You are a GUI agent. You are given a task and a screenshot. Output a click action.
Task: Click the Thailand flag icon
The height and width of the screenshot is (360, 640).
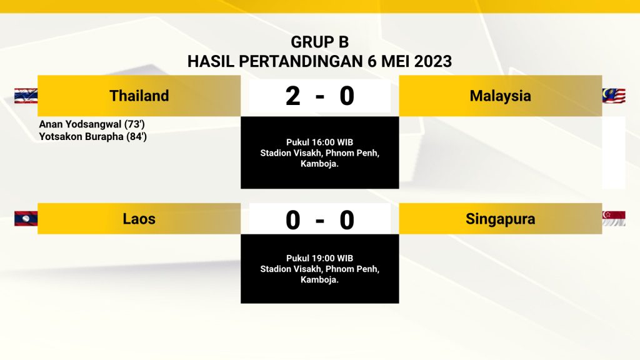pyautogui.click(x=26, y=96)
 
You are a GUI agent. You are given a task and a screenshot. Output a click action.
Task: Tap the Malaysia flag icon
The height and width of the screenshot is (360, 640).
pyautogui.click(x=614, y=96)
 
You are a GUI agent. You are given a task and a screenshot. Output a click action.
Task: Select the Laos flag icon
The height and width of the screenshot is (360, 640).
pyautogui.click(x=26, y=219)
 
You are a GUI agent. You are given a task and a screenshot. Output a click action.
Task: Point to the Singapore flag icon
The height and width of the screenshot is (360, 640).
pyautogui.click(x=614, y=218)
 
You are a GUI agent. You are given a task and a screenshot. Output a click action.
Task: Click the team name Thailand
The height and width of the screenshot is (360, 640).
pyautogui.click(x=139, y=96)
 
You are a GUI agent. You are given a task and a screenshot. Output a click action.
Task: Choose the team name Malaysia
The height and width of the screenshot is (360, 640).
pyautogui.click(x=500, y=96)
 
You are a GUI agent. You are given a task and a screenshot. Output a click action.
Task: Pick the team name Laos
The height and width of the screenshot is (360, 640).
pyautogui.click(x=139, y=219)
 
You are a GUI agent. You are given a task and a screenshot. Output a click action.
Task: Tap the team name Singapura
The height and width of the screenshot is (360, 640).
pyautogui.click(x=500, y=219)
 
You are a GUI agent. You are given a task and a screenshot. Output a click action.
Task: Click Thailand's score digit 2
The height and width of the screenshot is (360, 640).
pyautogui.click(x=292, y=96)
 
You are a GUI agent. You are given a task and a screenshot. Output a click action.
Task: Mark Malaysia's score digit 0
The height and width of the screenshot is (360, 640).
pyautogui.click(x=346, y=96)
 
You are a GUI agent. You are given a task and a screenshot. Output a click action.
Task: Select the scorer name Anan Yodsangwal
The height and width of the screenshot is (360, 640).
pyautogui.click(x=81, y=124)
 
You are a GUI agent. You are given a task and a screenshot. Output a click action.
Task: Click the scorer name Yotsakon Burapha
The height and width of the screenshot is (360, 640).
pyautogui.click(x=81, y=136)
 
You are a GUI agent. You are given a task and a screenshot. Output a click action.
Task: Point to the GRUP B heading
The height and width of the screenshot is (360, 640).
pyautogui.click(x=319, y=42)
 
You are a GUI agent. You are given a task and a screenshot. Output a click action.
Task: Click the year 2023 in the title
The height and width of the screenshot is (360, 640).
pyautogui.click(x=433, y=61)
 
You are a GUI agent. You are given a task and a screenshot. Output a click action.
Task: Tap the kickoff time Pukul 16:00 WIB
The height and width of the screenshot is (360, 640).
pyautogui.click(x=319, y=142)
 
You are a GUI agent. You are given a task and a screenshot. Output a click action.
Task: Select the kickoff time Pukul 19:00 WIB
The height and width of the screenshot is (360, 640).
pyautogui.click(x=319, y=258)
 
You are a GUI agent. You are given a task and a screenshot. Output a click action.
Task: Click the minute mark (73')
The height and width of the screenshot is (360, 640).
pyautogui.click(x=135, y=124)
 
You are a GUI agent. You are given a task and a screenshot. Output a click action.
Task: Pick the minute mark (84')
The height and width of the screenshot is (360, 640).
pyautogui.click(x=136, y=136)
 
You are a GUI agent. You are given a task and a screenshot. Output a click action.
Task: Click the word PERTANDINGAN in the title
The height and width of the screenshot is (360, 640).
pyautogui.click(x=301, y=61)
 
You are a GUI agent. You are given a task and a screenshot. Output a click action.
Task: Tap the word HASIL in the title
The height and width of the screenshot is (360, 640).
pyautogui.click(x=211, y=61)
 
